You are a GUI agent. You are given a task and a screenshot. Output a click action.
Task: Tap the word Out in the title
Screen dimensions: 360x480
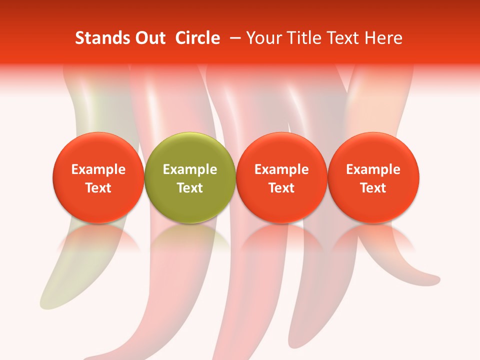[x=150, y=38]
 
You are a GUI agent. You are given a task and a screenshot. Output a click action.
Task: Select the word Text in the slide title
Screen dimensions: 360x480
[x=342, y=38]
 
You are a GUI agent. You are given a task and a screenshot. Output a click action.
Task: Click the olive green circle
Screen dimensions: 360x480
[x=190, y=150]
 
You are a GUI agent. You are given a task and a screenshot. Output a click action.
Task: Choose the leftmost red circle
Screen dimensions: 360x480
[x=98, y=150]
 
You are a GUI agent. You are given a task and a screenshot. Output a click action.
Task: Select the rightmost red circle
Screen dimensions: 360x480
[x=373, y=150]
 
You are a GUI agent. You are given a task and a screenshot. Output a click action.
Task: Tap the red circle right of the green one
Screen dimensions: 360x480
[x=281, y=150]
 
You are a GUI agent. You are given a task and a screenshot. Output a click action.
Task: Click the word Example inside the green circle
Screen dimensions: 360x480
[x=190, y=169]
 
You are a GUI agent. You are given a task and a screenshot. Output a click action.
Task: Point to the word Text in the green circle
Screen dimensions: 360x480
[x=190, y=188]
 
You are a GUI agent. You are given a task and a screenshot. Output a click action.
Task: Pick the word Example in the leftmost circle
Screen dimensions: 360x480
[x=98, y=169]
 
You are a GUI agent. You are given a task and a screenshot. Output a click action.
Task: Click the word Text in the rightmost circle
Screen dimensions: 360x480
[x=373, y=188]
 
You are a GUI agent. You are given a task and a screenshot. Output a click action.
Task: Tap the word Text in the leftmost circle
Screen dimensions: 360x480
[x=98, y=188]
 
